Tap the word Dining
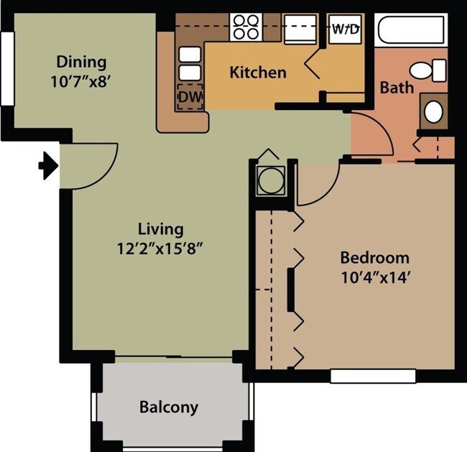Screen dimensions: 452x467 [x=81, y=62]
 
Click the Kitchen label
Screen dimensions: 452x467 [x=258, y=72]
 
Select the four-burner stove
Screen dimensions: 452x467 [x=246, y=27]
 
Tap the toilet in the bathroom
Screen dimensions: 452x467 [x=425, y=70]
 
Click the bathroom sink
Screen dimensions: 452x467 [x=433, y=111]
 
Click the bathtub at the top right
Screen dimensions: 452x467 [x=410, y=30]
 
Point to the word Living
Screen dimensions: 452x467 [x=161, y=229]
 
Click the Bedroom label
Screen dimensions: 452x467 [x=374, y=257]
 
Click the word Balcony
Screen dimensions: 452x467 [x=169, y=407]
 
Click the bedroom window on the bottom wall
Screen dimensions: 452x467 [x=373, y=375]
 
